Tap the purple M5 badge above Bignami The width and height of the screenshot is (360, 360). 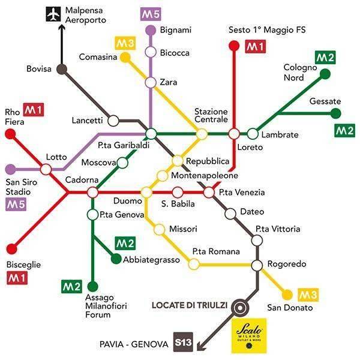pos(150,13)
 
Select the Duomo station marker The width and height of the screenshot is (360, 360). pos(146,192)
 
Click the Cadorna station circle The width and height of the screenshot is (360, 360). pos(92,193)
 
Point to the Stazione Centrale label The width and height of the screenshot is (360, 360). pos(211,116)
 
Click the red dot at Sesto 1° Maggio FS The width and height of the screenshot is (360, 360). pos(234,44)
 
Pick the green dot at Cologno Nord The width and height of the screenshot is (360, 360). pos(325,74)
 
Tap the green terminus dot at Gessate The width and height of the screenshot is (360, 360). pos(336,113)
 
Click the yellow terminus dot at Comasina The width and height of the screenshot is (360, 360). pos(125,57)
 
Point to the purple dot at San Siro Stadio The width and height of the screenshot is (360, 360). pos(10,169)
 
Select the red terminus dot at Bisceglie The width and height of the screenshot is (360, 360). pos(10,248)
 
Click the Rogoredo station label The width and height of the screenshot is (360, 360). pos(287,264)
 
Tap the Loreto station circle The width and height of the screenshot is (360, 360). pos(234,133)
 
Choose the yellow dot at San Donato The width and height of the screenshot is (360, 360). pos(287,295)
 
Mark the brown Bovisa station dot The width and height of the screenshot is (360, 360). pos(61,69)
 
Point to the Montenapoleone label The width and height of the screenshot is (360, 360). pos(205,176)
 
